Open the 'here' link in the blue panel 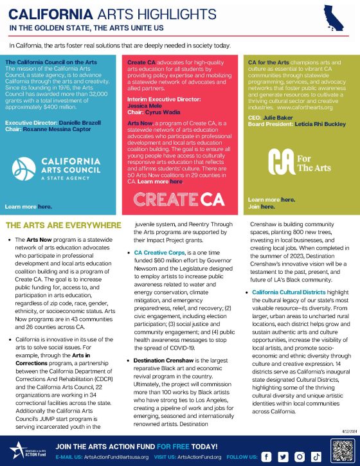[x=44, y=207]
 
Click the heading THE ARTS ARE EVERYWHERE [x=62, y=225]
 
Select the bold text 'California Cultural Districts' [x=284, y=292]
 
